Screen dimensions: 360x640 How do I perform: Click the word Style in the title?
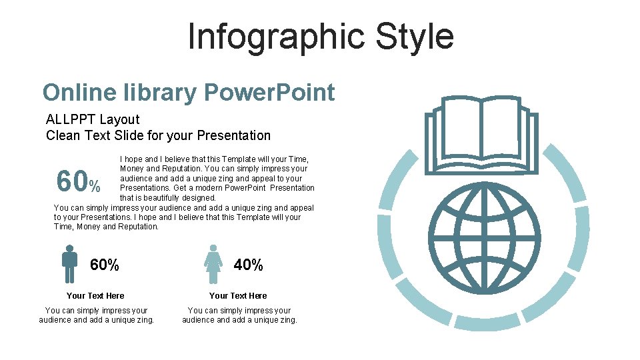414,36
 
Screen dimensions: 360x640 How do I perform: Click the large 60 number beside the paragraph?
72,181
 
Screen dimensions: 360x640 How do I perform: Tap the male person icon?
69,264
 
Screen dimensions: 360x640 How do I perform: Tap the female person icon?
213,264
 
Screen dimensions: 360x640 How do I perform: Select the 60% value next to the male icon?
105,265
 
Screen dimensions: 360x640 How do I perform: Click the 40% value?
249,265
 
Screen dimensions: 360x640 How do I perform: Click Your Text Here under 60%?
95,296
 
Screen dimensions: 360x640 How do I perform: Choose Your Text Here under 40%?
238,296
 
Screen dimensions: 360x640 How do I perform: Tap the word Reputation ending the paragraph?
137,227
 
